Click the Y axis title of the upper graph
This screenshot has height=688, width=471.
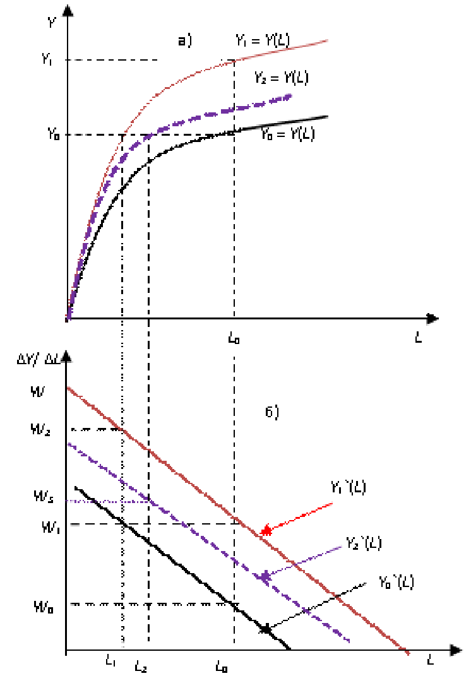tap(52, 23)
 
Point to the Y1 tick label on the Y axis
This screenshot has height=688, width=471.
tap(47, 59)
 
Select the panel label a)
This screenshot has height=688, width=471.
tap(184, 42)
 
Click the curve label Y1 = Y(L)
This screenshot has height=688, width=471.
tap(263, 41)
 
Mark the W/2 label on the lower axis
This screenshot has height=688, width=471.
tap(40, 429)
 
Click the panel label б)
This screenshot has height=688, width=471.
tap(272, 412)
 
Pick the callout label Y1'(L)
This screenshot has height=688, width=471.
tap(348, 487)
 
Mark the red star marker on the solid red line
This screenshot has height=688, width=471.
tap(266, 531)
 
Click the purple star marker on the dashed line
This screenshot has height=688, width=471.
tap(264, 576)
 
